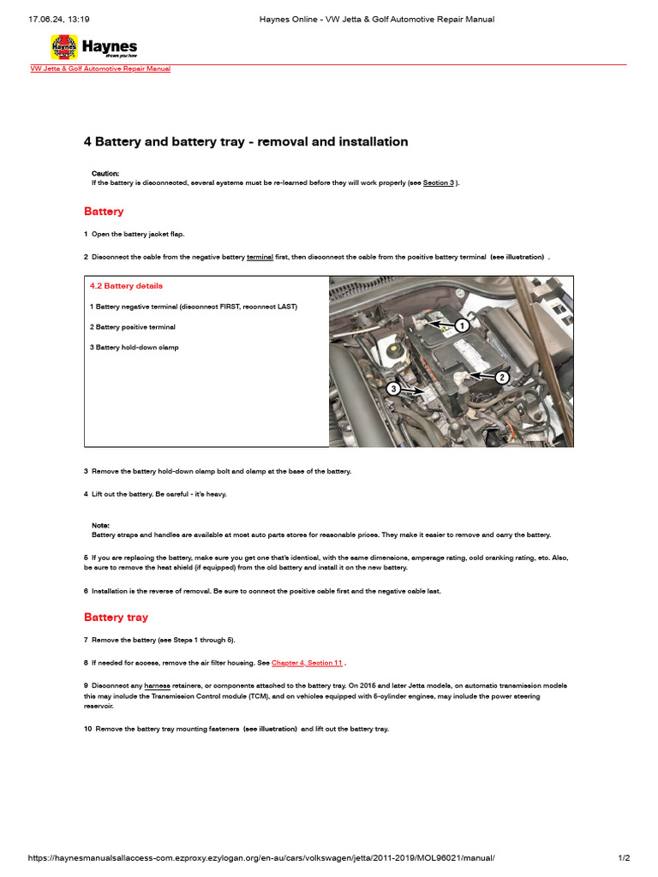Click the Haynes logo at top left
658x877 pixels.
[x=93, y=47]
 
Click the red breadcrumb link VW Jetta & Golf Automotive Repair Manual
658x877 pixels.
[x=100, y=69]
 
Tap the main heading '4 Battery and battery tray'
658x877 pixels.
[x=246, y=141]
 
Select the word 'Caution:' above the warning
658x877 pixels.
[x=105, y=173]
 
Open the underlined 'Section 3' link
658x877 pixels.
[x=439, y=183]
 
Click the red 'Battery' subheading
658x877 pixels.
[x=104, y=212]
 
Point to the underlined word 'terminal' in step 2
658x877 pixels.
[x=260, y=257]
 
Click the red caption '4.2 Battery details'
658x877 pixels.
[x=126, y=286]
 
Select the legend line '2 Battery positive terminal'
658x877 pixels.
[x=132, y=327]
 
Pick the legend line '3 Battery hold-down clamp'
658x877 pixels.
[x=134, y=348]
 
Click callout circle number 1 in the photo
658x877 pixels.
[x=462, y=325]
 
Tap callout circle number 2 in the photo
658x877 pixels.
[x=503, y=377]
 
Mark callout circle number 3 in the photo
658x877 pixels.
[x=394, y=389]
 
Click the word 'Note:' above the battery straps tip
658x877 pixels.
[x=101, y=525]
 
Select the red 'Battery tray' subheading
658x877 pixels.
[x=116, y=617]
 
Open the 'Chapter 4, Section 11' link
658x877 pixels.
[x=307, y=663]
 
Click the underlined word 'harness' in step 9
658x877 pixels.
[x=157, y=686]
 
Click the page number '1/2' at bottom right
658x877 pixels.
[x=624, y=858]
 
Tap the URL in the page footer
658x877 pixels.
[x=261, y=858]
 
